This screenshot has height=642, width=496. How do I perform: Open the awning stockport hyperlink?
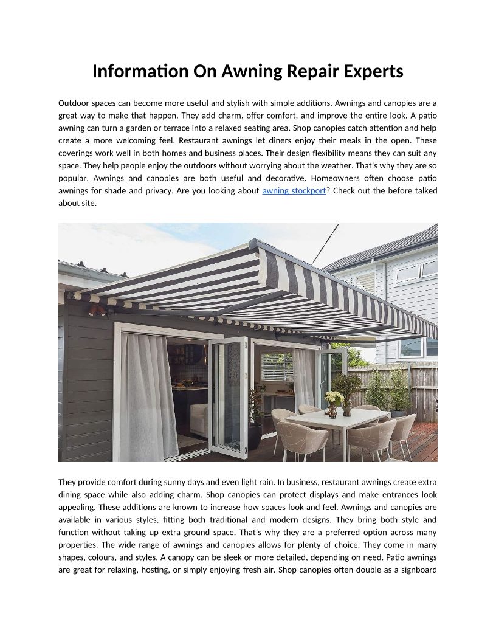coord(294,191)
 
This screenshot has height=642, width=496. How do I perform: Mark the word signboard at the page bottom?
coord(415,570)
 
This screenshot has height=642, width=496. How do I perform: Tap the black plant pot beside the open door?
coord(254,435)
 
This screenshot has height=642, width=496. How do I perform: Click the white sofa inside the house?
coord(199,421)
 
